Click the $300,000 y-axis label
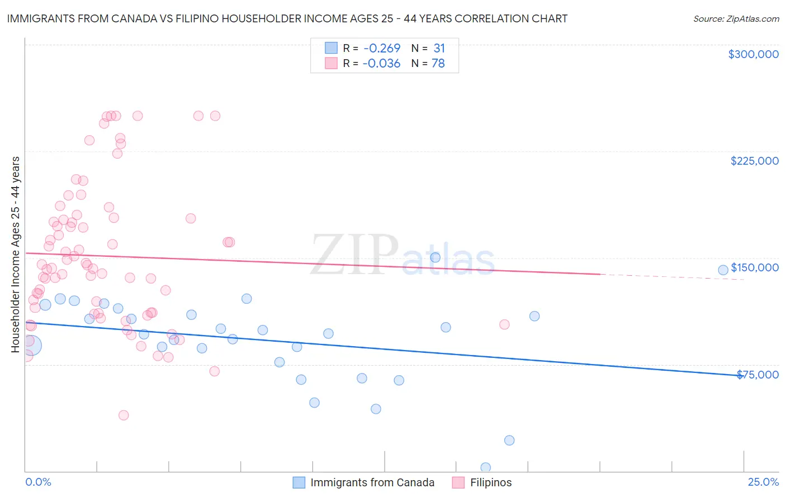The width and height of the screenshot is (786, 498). (x=753, y=54)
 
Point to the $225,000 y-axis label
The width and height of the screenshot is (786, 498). (x=754, y=161)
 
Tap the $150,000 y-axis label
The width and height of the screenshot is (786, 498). (x=755, y=267)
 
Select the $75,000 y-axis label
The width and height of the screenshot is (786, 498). (x=757, y=375)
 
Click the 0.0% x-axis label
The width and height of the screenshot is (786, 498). (x=38, y=482)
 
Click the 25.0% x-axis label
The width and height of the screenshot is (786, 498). (x=763, y=482)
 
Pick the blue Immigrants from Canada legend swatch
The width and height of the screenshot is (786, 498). (x=299, y=482)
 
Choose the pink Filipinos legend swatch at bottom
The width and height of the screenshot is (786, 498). (x=458, y=482)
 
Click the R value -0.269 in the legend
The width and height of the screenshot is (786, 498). (x=381, y=49)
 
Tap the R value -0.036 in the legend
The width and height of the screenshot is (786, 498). (x=381, y=64)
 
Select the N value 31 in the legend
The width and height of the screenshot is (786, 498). (x=439, y=49)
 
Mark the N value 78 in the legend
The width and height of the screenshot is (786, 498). (x=438, y=64)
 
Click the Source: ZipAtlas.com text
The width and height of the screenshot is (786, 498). (x=736, y=19)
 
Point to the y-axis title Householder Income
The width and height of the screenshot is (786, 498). (x=15, y=255)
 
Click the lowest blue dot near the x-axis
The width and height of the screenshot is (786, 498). (x=485, y=467)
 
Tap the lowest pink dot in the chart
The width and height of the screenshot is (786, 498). (x=124, y=415)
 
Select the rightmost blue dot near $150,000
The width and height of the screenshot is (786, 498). (x=723, y=270)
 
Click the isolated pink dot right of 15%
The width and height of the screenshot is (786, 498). (x=504, y=324)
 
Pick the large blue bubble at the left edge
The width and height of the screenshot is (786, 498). (x=31, y=345)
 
